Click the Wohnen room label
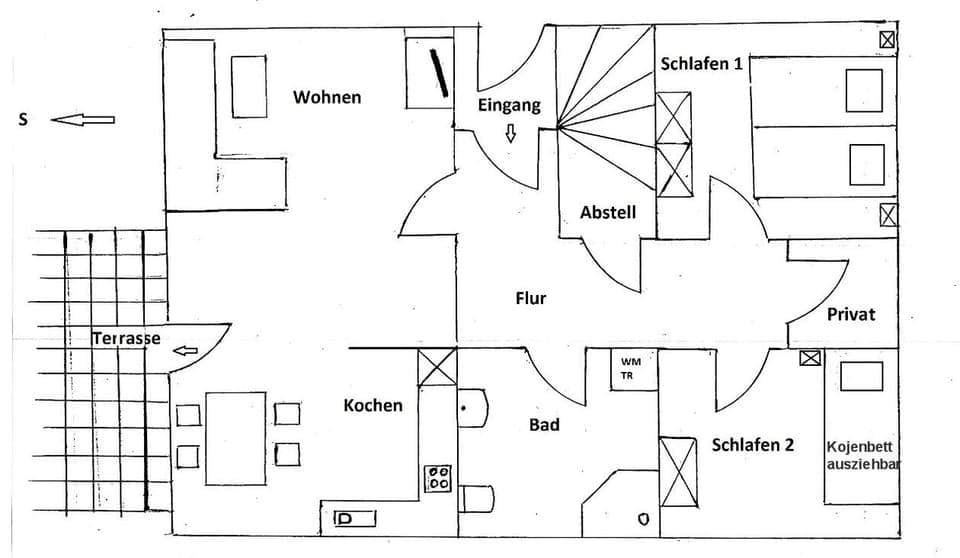326,98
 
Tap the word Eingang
508,105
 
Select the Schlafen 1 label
701,64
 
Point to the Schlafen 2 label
752,445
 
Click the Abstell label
607,212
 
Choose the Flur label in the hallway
530,298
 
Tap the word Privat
850,314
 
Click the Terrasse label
126,338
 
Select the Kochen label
373,405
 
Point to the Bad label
544,425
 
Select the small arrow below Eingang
511,133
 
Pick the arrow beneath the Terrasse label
185,351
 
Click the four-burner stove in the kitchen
438,478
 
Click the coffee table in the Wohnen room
249,87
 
